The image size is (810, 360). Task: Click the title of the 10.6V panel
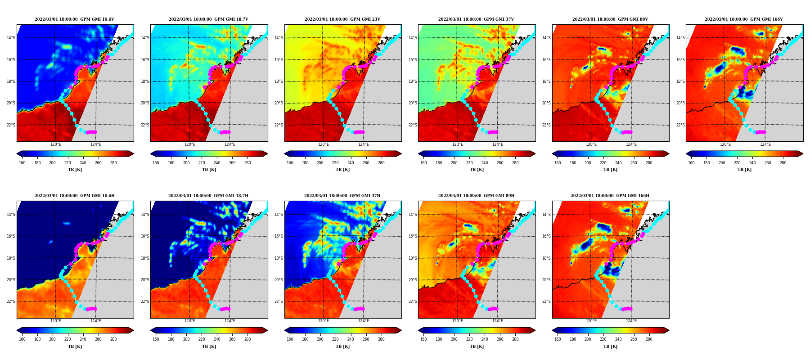74,19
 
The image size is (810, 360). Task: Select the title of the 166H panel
610,196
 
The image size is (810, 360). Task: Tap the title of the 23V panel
342,19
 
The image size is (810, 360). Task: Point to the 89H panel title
476,196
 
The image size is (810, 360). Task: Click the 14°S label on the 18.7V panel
145,38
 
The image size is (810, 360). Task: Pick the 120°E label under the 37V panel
458,144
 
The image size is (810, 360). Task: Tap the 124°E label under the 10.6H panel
96,321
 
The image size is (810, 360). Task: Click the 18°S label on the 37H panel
279,258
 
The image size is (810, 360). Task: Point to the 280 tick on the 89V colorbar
649,163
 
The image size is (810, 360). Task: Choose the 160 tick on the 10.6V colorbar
22,163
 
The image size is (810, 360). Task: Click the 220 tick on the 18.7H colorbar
202,339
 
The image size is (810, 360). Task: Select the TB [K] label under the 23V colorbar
342,170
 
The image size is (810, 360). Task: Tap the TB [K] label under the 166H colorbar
610,346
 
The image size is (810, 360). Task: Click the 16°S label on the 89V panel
547,60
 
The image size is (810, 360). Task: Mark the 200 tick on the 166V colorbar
722,163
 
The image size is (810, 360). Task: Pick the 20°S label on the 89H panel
413,280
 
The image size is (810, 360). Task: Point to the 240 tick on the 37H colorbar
351,339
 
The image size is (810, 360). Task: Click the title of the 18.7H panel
208,196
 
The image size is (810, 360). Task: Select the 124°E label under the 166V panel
765,144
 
